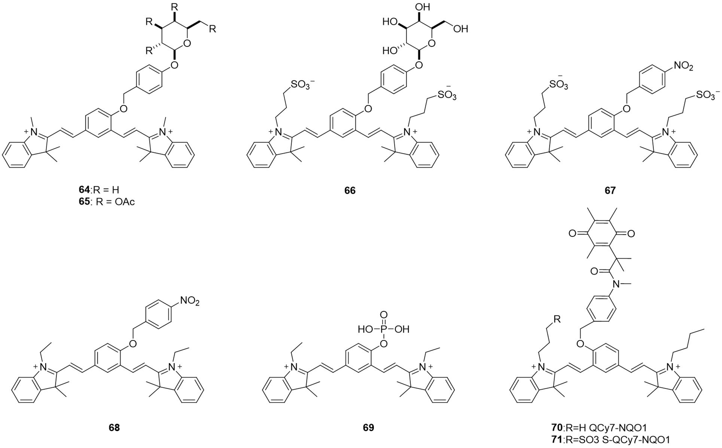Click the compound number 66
350,191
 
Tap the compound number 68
114,427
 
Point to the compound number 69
368,427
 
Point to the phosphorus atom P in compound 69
384,329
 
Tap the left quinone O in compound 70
572,234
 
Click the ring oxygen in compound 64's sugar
188,44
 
